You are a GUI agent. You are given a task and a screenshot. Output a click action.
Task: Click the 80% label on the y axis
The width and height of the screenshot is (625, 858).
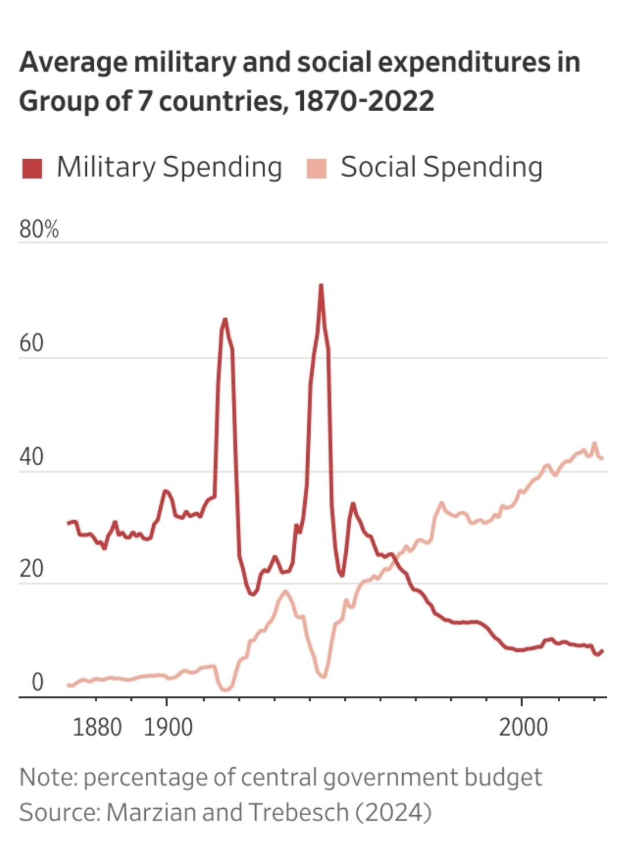39,230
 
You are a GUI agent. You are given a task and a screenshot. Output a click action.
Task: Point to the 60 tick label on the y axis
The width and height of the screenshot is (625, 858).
31,343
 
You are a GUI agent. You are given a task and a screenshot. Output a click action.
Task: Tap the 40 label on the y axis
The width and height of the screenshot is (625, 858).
31,457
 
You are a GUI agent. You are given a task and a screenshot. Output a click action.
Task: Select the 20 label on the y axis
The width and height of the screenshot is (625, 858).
31,569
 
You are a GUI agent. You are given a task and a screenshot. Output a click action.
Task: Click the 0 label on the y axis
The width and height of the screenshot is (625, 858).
37,683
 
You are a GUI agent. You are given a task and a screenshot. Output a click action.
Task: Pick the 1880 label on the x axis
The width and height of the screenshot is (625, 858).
97,727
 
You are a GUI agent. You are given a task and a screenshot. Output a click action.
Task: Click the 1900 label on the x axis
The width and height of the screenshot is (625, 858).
168,727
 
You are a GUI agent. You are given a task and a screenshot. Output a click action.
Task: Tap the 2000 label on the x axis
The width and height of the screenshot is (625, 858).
523,727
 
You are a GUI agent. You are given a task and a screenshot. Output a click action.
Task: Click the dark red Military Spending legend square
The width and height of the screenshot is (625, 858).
32,168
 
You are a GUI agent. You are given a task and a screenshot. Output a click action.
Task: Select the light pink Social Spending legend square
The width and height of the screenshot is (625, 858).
317,168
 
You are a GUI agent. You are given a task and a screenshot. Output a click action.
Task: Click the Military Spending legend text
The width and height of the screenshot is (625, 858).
169,167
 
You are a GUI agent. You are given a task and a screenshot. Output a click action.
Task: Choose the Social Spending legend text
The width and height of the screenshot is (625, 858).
441,167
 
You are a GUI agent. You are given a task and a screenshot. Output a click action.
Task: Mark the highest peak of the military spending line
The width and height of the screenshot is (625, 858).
321,285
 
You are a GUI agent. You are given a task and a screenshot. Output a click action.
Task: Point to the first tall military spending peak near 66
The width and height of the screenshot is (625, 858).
225,319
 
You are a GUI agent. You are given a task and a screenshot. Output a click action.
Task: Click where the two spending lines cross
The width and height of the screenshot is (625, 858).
390,558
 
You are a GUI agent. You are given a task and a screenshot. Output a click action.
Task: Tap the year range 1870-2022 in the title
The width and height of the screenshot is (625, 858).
364,101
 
